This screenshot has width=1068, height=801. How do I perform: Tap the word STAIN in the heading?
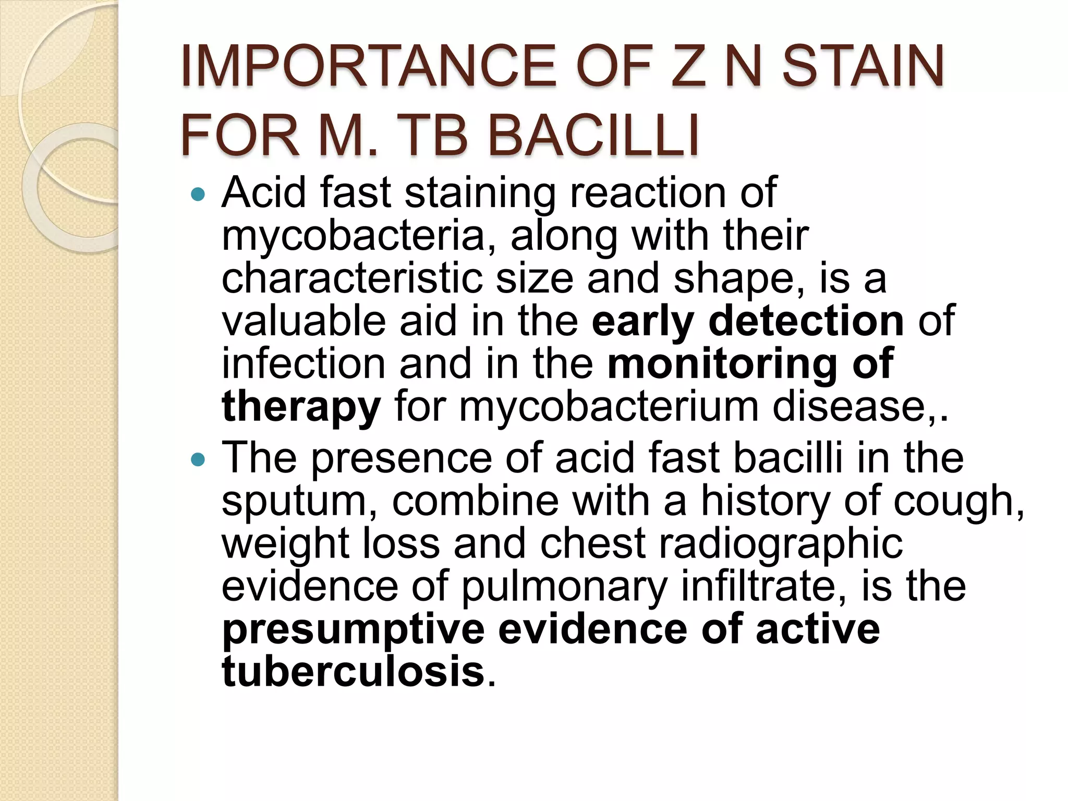863,66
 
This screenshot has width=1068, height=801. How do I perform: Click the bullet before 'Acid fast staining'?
198,196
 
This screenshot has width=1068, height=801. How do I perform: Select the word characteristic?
351,278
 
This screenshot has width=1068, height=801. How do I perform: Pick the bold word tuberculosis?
353,672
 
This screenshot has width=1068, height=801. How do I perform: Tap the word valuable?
304,321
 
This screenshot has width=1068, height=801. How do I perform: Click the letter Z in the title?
689,66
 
